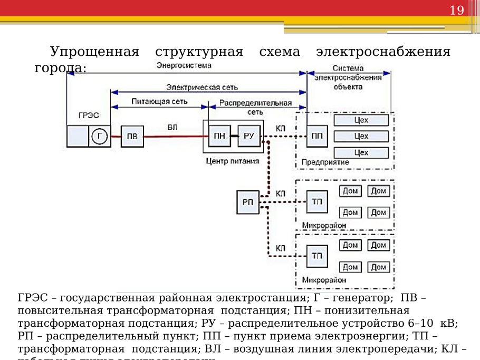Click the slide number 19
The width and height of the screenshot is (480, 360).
456,10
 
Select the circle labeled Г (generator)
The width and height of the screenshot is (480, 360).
100,137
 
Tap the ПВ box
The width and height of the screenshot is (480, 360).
132,137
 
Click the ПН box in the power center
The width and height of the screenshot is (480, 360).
219,137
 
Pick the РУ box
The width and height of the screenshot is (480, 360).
249,137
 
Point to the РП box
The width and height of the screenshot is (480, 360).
248,202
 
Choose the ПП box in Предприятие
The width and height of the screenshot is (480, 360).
317,137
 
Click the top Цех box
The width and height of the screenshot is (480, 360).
361,120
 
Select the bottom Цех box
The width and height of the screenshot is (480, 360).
361,153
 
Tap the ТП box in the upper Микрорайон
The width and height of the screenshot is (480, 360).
317,202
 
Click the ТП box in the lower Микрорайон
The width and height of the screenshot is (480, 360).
317,256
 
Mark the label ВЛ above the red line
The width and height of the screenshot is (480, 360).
172,127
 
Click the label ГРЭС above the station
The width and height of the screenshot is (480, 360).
88,115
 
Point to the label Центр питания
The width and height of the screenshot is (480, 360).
232,161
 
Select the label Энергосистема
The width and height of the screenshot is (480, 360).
184,65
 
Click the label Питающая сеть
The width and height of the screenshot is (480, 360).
161,101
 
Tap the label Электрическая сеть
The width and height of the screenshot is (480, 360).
203,86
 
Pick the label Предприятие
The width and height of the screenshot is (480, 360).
325,162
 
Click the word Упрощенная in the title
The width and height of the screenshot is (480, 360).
94,52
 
